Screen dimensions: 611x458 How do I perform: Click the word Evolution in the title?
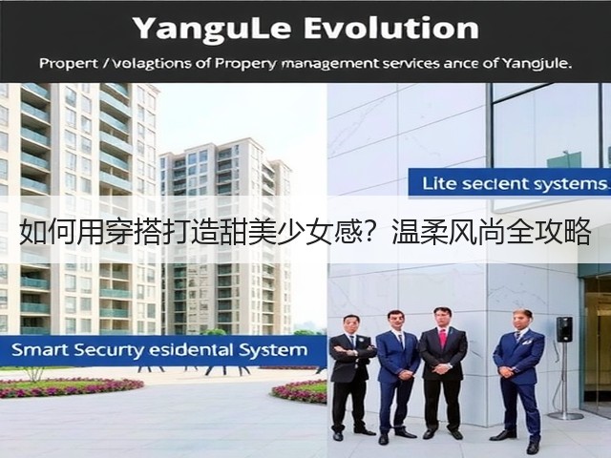pos(390,28)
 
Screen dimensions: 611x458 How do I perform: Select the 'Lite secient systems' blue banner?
pos(509,183)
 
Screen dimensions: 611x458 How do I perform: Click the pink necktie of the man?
pos(443,339)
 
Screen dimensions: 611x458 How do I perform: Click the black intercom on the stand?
pos(564,329)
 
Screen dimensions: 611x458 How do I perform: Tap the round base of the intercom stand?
pos(565,416)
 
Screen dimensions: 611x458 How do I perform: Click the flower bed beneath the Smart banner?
pos(70,387)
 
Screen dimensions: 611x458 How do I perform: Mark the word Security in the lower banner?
pos(109,350)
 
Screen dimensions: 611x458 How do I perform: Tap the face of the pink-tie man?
pos(443,318)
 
